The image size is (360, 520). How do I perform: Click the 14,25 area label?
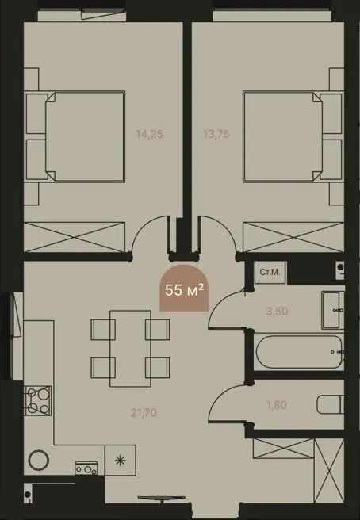pyautogui.click(x=149, y=134)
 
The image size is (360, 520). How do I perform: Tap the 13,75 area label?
pyautogui.click(x=216, y=134)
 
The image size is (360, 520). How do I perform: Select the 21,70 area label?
pyautogui.click(x=144, y=413)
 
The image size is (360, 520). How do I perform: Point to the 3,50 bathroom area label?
pyautogui.click(x=277, y=311)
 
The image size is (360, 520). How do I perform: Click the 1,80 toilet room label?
pyautogui.click(x=277, y=405)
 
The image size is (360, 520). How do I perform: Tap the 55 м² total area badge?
pyautogui.click(x=184, y=289)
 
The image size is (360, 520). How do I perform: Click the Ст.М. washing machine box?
pyautogui.click(x=270, y=272)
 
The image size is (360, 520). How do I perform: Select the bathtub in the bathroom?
pyautogui.click(x=299, y=351)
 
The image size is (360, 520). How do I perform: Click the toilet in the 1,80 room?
pyautogui.click(x=330, y=404)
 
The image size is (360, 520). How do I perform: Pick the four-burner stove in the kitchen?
pyautogui.click(x=37, y=400)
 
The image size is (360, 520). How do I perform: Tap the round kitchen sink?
pyautogui.click(x=39, y=460)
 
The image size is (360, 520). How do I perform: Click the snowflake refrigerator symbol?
pyautogui.click(x=120, y=460)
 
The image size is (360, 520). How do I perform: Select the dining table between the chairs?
pyautogui.click(x=130, y=349)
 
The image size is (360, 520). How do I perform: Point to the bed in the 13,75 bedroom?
pyautogui.click(x=293, y=136)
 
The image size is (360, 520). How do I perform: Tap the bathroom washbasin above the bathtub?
pyautogui.click(x=333, y=311)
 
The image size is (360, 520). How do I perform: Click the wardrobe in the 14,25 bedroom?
pyautogui.click(x=75, y=237)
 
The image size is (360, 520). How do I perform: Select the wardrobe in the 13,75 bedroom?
pyautogui.click(x=293, y=237)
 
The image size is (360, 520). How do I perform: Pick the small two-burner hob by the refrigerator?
pyautogui.click(x=86, y=468)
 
